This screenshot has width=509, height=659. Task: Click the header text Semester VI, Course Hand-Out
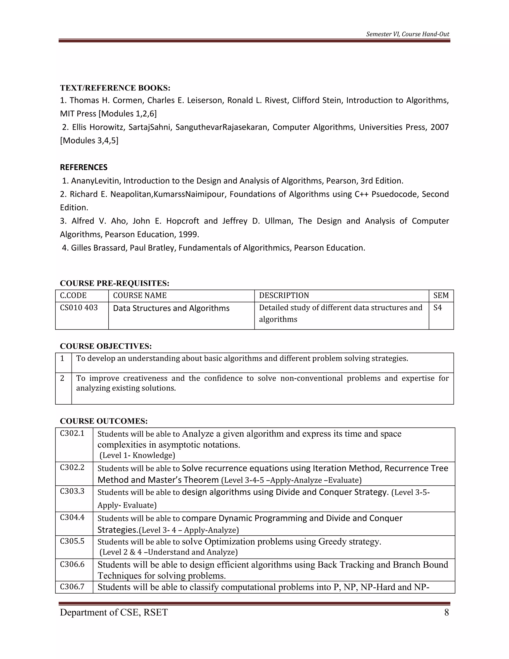pyautogui.click(x=407, y=34)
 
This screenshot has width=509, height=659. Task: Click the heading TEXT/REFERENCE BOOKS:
pyautogui.click(x=115, y=88)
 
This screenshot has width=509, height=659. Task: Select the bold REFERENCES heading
pyautogui.click(x=84, y=167)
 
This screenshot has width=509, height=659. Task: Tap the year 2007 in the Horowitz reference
pyautogui.click(x=439, y=127)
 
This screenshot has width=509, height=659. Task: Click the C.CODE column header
pyautogui.click(x=73, y=295)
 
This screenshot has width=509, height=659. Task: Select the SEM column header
pyautogui.click(x=441, y=295)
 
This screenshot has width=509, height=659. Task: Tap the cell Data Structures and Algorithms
pyautogui.click(x=171, y=308)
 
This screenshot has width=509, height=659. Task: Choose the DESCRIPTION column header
pyautogui.click(x=284, y=295)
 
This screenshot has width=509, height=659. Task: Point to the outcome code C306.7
pyautogui.click(x=72, y=587)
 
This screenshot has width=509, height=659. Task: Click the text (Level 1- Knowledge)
pyautogui.click(x=137, y=455)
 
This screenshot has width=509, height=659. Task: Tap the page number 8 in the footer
pyautogui.click(x=446, y=612)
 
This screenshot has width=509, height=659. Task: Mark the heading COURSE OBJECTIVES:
pyautogui.click(x=106, y=346)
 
